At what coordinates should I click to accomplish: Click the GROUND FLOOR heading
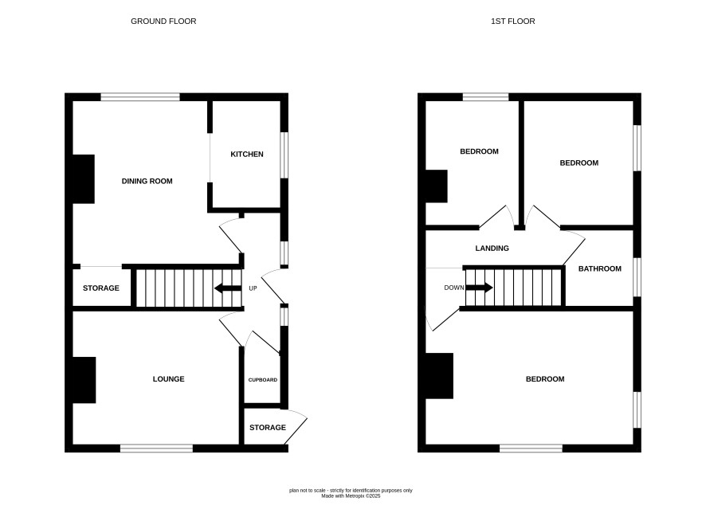(163, 22)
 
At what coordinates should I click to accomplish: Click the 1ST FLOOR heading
(513, 22)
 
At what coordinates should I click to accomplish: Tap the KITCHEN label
(247, 154)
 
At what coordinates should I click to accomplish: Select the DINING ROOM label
(147, 181)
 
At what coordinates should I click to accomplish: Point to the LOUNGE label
(168, 379)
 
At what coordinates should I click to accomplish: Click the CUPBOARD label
(263, 380)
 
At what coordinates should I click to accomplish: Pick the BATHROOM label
(600, 268)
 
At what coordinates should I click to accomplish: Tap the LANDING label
(492, 248)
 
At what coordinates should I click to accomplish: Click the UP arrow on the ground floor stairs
(228, 288)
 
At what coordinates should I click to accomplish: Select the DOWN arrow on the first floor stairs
(479, 288)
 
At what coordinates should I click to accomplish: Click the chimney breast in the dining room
(84, 179)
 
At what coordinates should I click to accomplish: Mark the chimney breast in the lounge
(84, 380)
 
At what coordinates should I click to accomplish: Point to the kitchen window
(284, 155)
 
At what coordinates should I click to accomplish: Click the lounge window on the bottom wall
(156, 448)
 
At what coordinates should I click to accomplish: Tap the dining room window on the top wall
(140, 97)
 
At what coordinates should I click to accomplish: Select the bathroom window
(637, 277)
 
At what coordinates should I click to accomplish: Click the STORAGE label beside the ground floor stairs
(101, 288)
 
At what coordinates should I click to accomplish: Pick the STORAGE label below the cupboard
(268, 427)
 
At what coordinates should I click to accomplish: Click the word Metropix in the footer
(355, 496)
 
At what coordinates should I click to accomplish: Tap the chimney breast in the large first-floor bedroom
(439, 376)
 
